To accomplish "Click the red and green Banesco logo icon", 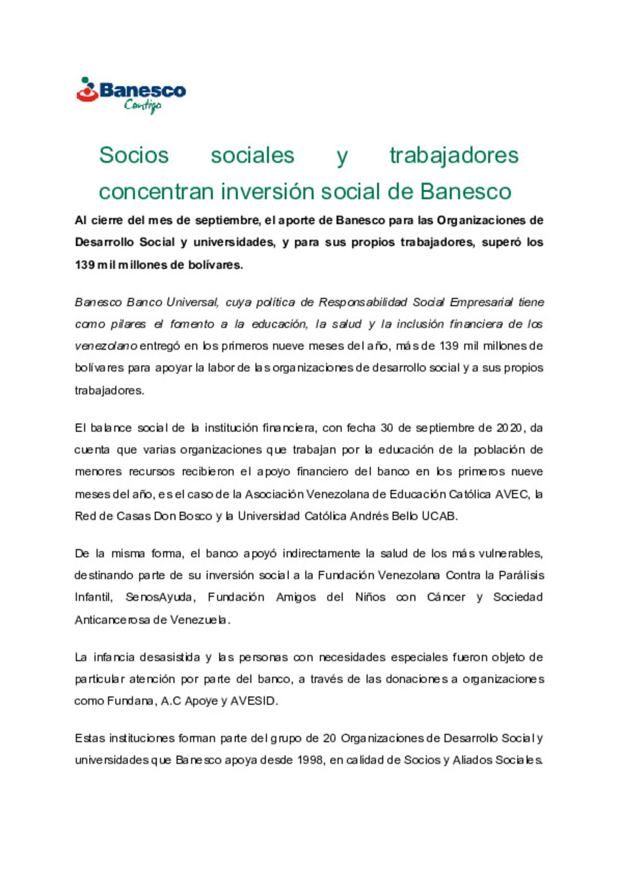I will coord(87,90).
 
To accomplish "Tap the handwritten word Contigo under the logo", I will coord(143,105).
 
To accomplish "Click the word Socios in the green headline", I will coord(134,155).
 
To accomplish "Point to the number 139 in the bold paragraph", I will coord(84,265).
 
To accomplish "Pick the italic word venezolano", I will coord(106,346).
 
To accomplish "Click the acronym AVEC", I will coord(512,494).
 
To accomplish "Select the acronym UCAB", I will coord(438,516).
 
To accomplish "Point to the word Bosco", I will coord(195,516).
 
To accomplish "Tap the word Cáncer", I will coord(446,597).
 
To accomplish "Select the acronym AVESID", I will coord(253,701).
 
